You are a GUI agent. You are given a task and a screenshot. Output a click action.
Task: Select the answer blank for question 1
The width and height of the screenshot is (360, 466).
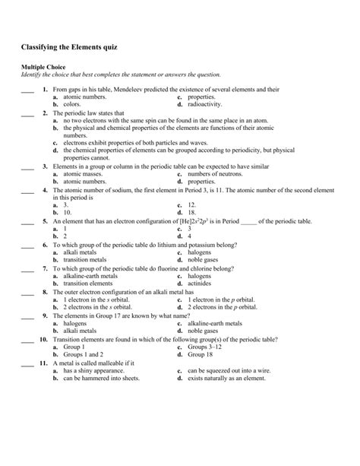(x=27, y=91)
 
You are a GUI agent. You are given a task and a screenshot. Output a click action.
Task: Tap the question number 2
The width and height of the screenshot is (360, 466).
(x=46, y=113)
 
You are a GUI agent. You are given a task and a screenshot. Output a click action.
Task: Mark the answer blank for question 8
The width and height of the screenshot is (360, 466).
(x=27, y=293)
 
